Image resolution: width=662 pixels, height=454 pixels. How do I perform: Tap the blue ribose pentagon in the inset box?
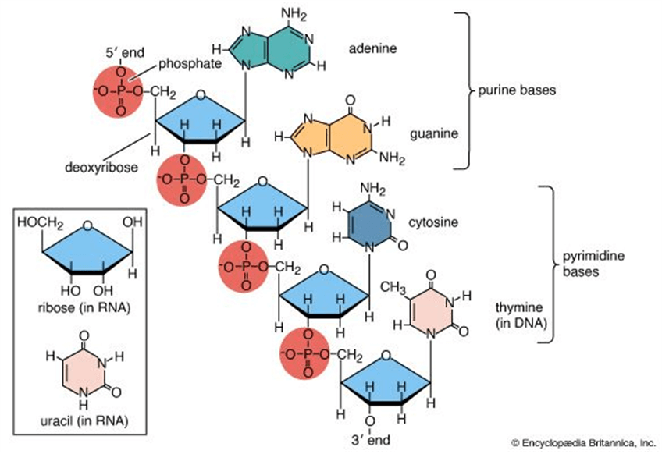point(88,250)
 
